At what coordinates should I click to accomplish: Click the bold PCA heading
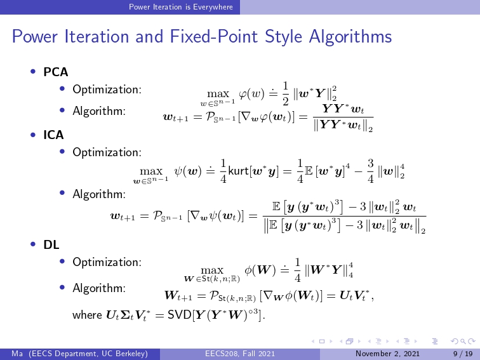[x=55, y=72]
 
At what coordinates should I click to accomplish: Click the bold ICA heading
[x=53, y=135]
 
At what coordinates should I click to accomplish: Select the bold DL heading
[x=51, y=244]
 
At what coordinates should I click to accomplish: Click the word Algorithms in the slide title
[x=350, y=37]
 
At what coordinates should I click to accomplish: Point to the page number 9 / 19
[x=463, y=354]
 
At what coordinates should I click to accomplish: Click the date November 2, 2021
[x=387, y=354]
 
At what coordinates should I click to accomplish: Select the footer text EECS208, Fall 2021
[x=240, y=354]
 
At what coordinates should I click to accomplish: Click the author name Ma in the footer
[x=17, y=354]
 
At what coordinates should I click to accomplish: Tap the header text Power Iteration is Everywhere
[x=181, y=7]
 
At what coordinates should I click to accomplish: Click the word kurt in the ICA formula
[x=239, y=171]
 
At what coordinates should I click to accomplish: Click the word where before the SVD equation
[x=87, y=315]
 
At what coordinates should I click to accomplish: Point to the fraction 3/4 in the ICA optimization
[x=370, y=171]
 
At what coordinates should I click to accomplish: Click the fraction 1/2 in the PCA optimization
[x=285, y=93]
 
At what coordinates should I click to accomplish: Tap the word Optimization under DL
[x=107, y=262]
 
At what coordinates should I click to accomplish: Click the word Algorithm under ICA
[x=99, y=194]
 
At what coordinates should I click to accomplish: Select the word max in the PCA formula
[x=218, y=94]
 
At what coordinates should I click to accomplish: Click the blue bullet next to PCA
[x=33, y=72]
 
